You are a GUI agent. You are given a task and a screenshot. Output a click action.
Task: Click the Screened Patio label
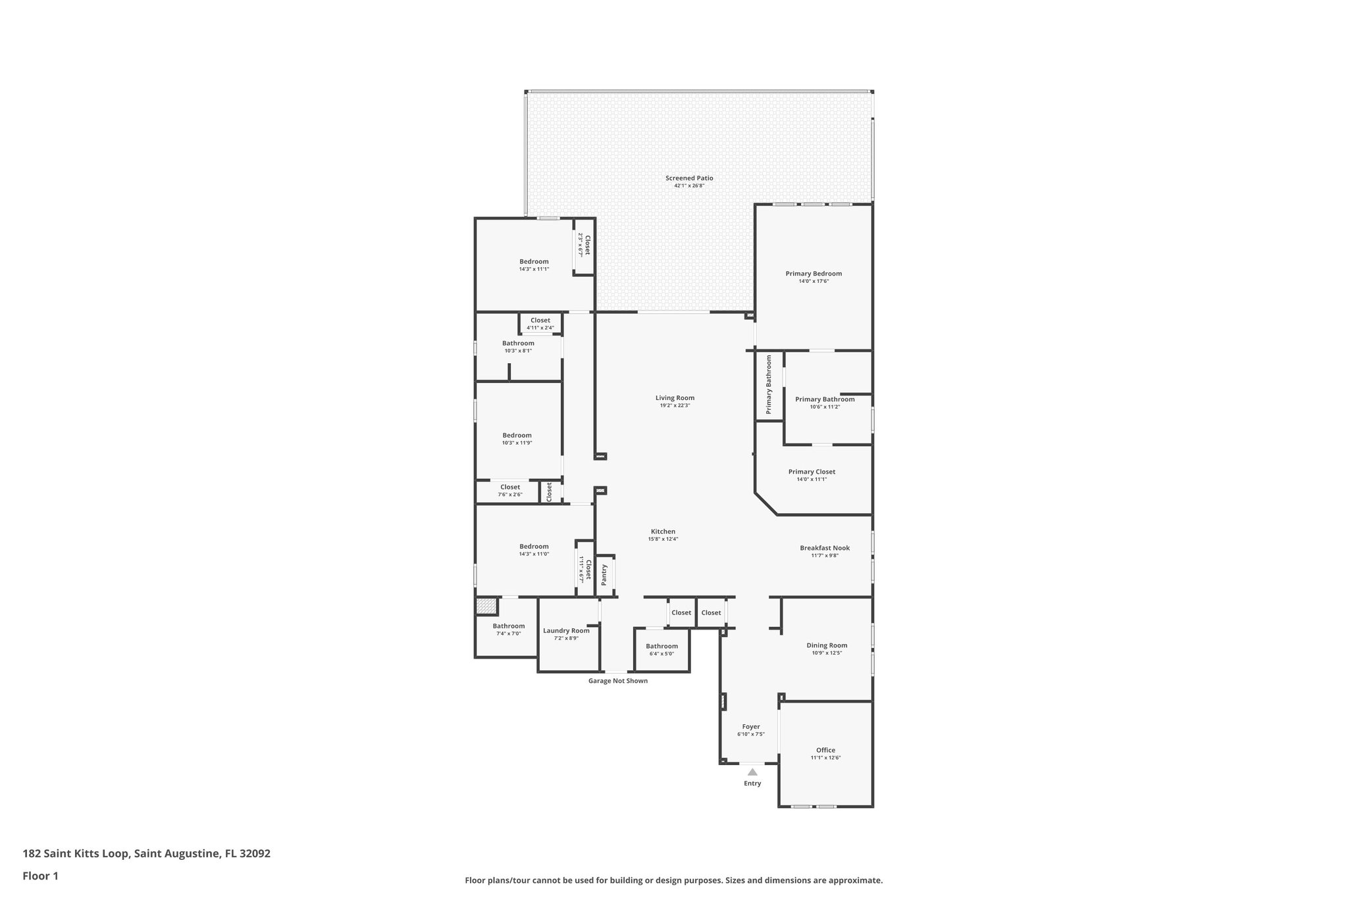pyautogui.click(x=689, y=178)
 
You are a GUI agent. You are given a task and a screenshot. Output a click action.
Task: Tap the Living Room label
pyautogui.click(x=675, y=398)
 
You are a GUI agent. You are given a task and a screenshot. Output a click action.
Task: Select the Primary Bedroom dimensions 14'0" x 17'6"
pyautogui.click(x=814, y=282)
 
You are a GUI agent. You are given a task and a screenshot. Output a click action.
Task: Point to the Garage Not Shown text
pyautogui.click(x=617, y=681)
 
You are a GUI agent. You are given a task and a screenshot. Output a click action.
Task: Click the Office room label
pyautogui.click(x=825, y=751)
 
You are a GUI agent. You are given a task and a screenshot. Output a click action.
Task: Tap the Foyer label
pyautogui.click(x=750, y=727)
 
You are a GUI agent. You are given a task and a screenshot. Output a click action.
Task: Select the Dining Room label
pyautogui.click(x=827, y=646)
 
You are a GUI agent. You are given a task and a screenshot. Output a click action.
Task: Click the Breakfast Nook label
pyautogui.click(x=825, y=548)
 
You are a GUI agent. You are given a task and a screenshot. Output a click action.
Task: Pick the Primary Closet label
pyautogui.click(x=812, y=472)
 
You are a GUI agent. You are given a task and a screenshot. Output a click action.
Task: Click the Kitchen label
pyautogui.click(x=663, y=532)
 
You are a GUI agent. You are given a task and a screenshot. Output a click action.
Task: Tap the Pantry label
pyautogui.click(x=604, y=574)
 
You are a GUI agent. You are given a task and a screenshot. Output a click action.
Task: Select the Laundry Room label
pyautogui.click(x=566, y=631)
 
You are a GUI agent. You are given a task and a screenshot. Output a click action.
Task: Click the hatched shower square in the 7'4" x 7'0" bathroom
pyautogui.click(x=486, y=606)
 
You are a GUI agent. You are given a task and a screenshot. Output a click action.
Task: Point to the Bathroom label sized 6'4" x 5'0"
pyautogui.click(x=661, y=646)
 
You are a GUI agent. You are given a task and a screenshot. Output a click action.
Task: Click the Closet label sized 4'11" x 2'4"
pyautogui.click(x=540, y=320)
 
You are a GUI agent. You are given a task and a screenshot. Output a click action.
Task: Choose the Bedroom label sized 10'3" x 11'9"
pyautogui.click(x=517, y=436)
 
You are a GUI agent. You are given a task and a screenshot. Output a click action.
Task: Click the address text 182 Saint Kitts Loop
pyautogui.click(x=146, y=854)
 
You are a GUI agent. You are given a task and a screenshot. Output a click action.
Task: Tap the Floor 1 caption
pyautogui.click(x=41, y=876)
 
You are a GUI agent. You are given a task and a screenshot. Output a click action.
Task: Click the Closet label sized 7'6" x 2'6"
pyautogui.click(x=510, y=487)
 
